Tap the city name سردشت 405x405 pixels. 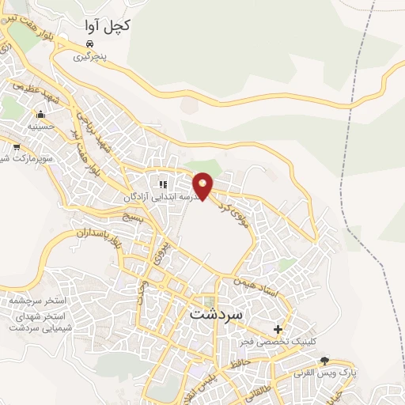219,312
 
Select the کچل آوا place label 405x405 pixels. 108,25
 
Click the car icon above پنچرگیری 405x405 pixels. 92,44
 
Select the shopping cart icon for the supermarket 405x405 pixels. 17,146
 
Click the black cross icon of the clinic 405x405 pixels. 278,329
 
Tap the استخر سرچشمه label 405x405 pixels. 39,302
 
